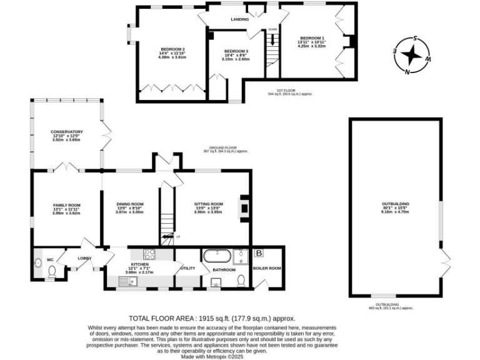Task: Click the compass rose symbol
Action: (x=412, y=55)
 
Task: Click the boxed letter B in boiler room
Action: (x=259, y=253)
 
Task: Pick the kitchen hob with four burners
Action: (x=151, y=254)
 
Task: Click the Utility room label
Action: (x=188, y=268)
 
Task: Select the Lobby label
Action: (x=84, y=257)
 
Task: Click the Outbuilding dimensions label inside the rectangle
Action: (x=395, y=207)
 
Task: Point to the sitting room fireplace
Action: (x=245, y=211)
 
